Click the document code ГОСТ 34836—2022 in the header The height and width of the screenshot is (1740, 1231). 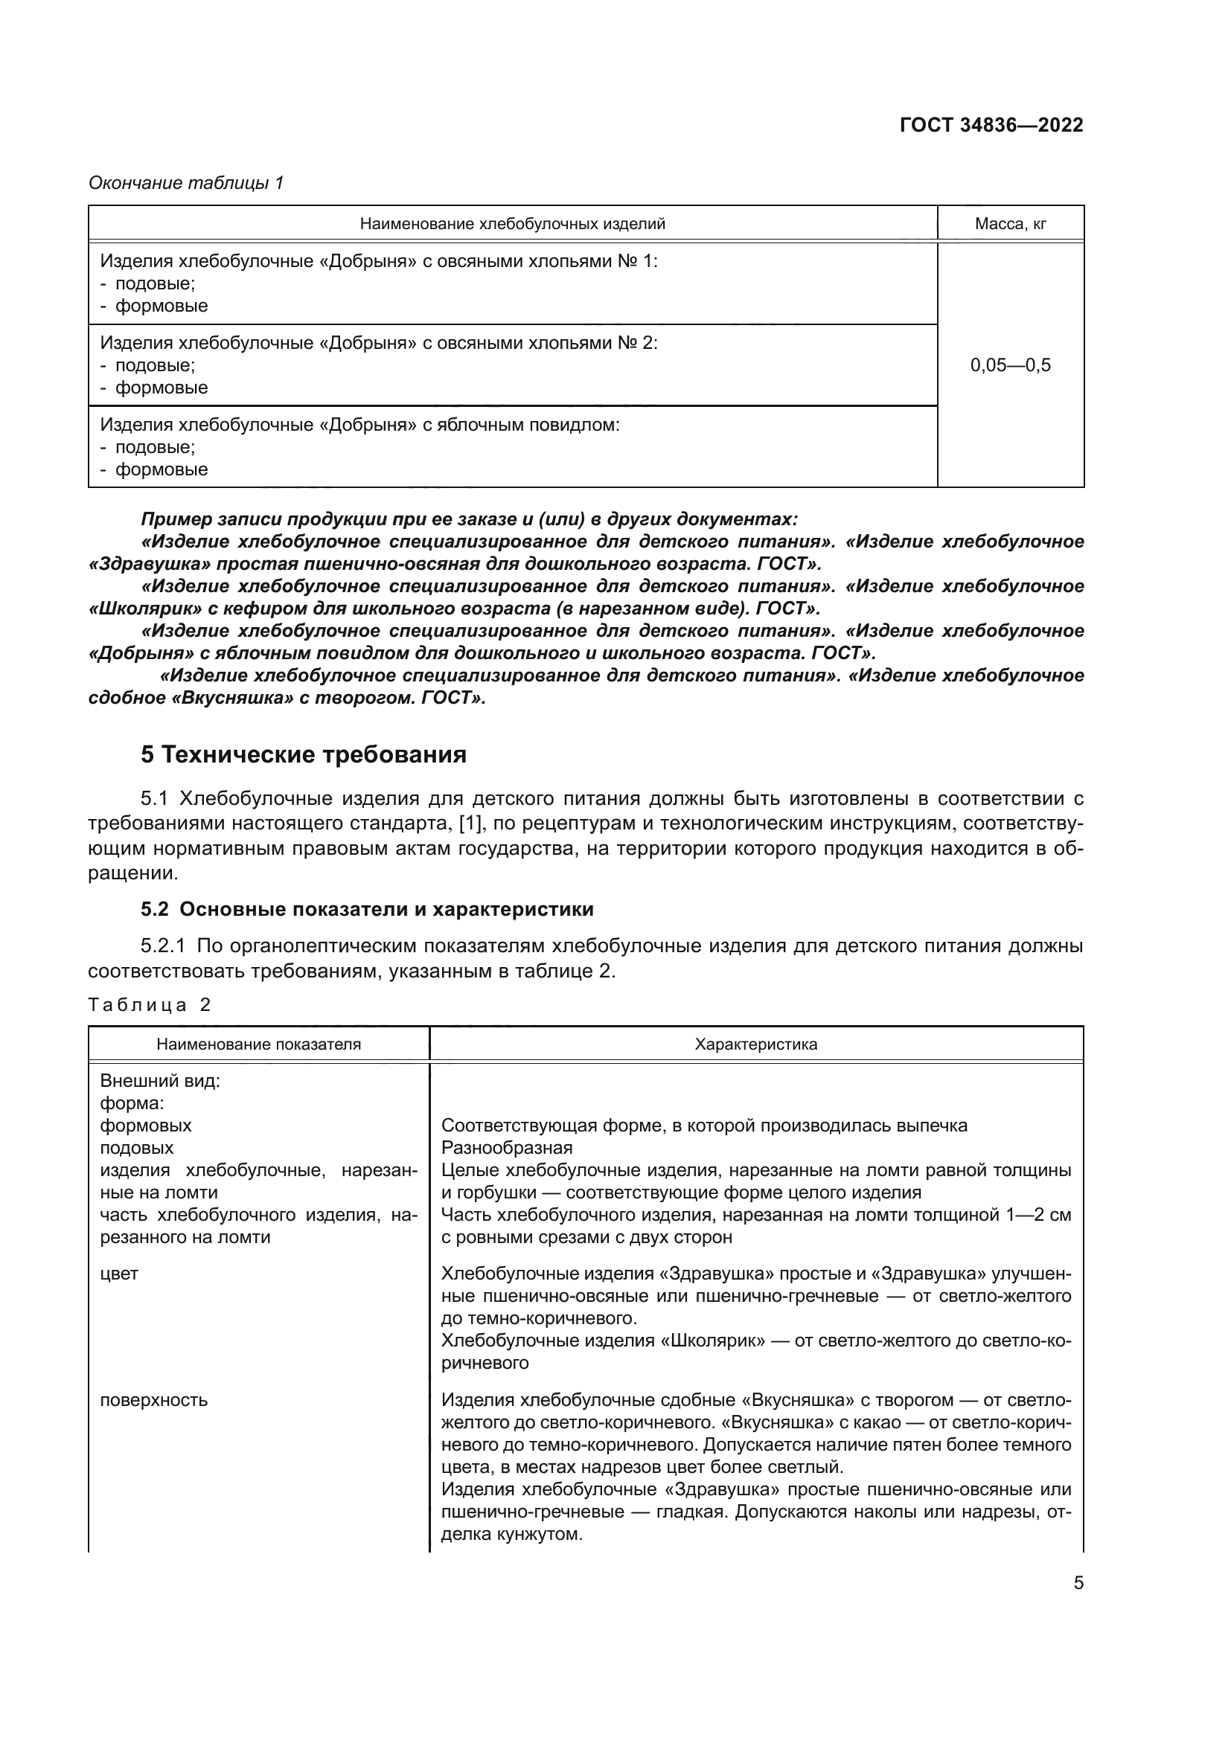[x=991, y=125]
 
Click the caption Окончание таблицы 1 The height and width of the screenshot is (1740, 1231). [x=186, y=183]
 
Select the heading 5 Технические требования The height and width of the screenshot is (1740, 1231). [x=303, y=755]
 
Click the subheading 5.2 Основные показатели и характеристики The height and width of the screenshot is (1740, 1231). [x=367, y=909]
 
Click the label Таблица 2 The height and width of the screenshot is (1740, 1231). [x=150, y=1005]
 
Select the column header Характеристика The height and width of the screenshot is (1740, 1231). [x=755, y=1044]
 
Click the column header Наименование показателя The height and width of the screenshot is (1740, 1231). [x=258, y=1044]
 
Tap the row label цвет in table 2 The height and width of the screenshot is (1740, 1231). [x=120, y=1272]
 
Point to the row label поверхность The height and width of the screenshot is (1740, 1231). [x=154, y=1400]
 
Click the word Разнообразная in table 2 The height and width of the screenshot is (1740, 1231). [x=506, y=1147]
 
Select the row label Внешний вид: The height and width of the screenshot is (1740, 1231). [x=160, y=1081]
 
